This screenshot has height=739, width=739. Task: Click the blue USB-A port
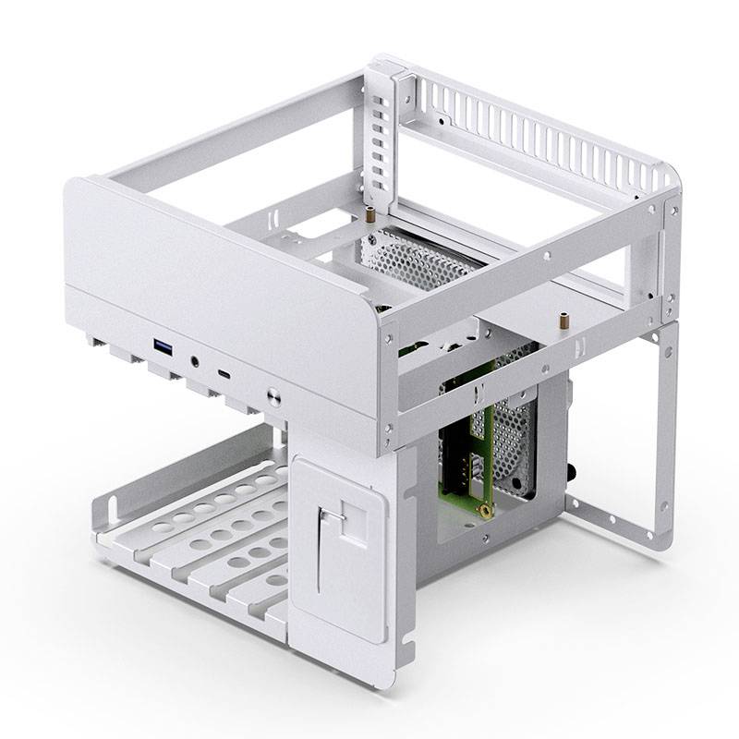pyautogui.click(x=163, y=348)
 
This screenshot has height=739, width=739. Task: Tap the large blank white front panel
pyautogui.click(x=212, y=268)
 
